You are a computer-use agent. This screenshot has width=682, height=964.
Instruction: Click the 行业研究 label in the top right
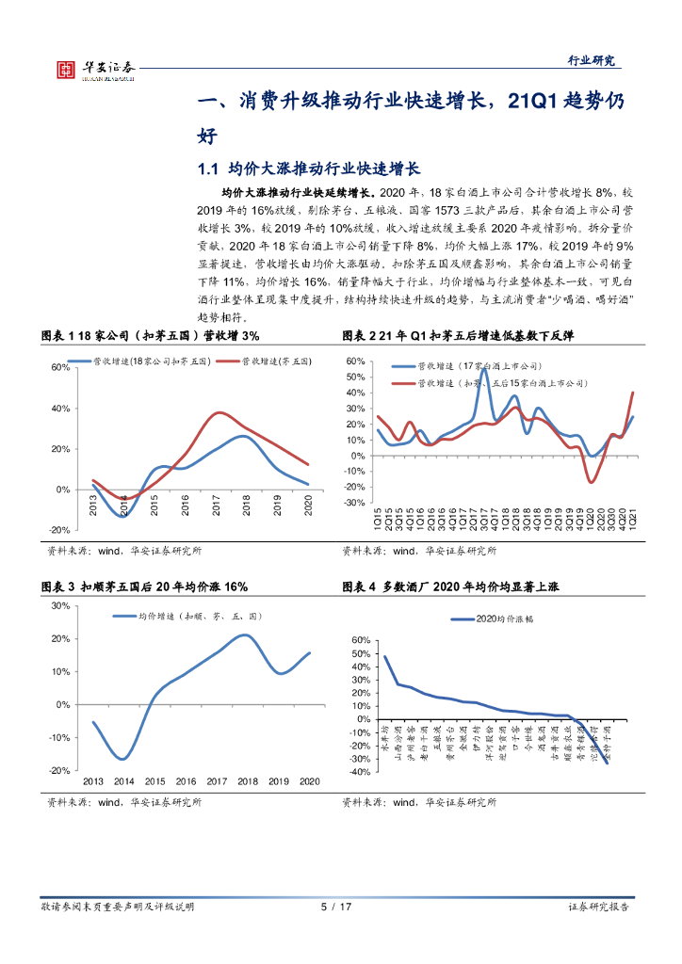590,61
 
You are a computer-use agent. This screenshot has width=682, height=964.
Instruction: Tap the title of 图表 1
151,336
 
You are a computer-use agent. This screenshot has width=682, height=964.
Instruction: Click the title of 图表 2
458,336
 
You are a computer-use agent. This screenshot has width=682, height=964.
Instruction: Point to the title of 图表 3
145,586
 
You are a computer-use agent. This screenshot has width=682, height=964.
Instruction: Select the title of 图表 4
453,586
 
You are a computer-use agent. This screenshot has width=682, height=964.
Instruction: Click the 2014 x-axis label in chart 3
124,781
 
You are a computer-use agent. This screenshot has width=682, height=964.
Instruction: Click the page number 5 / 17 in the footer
336,907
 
